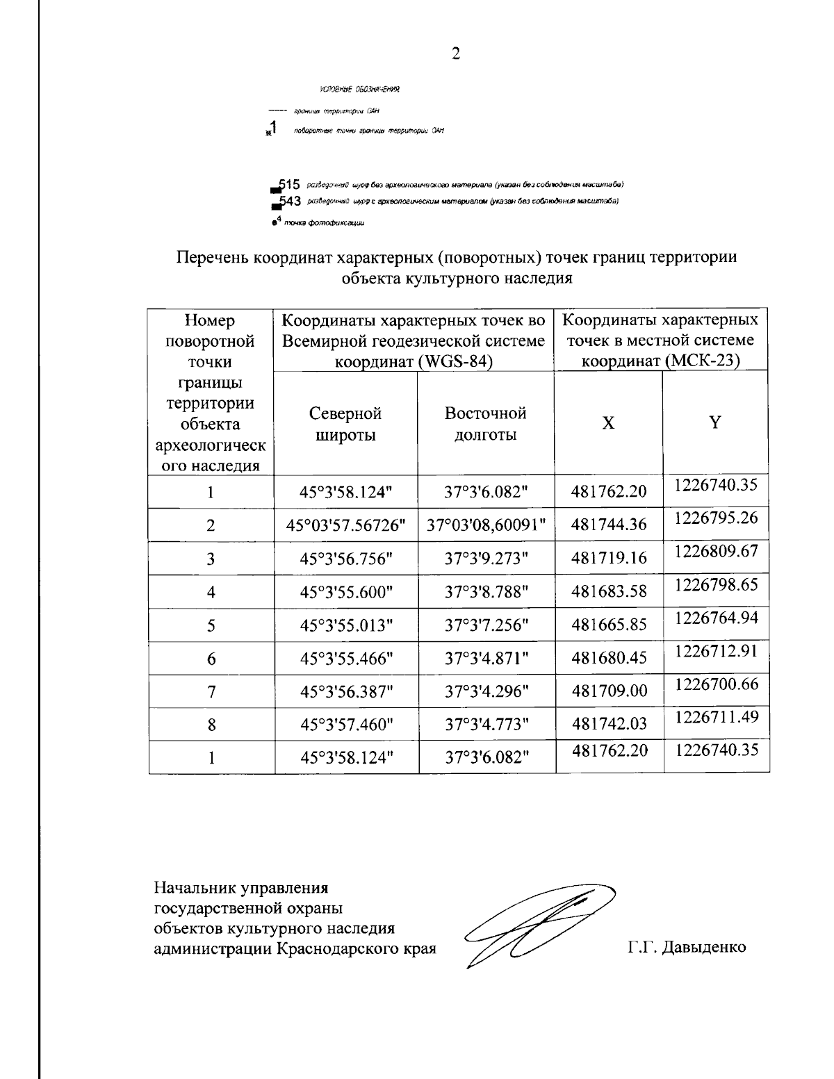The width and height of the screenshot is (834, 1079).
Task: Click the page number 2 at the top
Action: point(455,54)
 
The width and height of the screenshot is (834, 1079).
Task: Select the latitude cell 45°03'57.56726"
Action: point(346,526)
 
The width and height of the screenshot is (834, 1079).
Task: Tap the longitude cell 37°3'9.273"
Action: point(486,559)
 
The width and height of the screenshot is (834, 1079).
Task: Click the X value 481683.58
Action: point(609,592)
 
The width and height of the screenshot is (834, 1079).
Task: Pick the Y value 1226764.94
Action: point(716,618)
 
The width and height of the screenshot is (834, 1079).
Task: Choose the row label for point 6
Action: point(211,659)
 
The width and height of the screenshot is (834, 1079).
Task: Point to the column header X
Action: point(608,423)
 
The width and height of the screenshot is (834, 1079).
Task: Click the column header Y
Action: point(715,422)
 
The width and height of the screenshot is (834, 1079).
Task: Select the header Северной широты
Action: point(345,425)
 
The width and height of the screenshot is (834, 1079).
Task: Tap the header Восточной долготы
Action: point(485,425)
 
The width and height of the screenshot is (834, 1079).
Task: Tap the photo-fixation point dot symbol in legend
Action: point(275,224)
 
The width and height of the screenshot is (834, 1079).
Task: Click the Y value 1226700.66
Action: point(716,684)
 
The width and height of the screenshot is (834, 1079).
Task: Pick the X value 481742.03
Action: point(609,724)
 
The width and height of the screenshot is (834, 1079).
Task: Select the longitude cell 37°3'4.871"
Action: point(486,659)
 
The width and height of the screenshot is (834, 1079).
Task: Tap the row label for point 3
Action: point(211,559)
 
